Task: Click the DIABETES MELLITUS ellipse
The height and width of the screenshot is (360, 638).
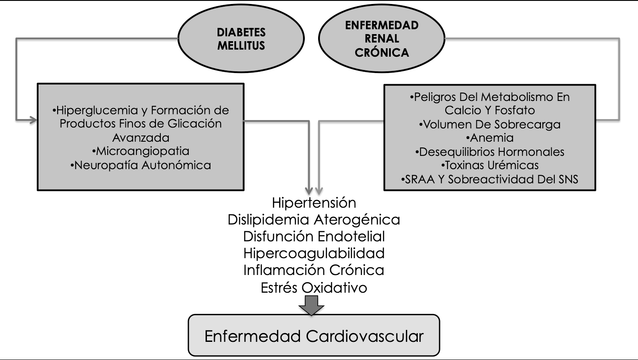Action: [x=241, y=39]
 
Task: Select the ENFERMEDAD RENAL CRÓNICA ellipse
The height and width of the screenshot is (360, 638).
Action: [x=381, y=39]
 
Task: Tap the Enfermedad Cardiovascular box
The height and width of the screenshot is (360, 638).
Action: [x=314, y=335]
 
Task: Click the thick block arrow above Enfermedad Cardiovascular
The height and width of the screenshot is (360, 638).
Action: [x=311, y=306]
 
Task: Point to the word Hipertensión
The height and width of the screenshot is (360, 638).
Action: [x=314, y=203]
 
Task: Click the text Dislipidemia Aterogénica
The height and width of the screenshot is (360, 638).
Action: [x=314, y=220]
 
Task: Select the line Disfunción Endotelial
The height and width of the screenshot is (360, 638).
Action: [x=314, y=236]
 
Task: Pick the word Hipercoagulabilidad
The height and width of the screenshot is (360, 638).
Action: [x=314, y=254]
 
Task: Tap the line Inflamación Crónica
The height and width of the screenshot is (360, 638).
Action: [x=314, y=270]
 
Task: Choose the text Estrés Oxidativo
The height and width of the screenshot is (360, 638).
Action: [x=314, y=287]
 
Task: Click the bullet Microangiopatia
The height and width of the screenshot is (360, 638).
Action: [x=141, y=151]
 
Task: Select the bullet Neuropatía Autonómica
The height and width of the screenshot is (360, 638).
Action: [x=141, y=165]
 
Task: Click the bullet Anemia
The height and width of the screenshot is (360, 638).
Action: [x=490, y=138]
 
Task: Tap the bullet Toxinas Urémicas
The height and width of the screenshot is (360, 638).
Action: [x=490, y=165]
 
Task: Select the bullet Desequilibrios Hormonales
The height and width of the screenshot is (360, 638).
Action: [x=490, y=152]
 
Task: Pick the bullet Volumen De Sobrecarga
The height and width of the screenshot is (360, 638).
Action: [x=490, y=124]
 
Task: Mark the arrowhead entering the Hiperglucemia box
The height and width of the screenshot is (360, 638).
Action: [x=34, y=120]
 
